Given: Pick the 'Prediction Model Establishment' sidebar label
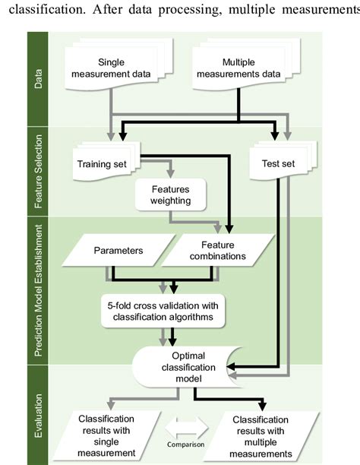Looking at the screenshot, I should [x=39, y=290].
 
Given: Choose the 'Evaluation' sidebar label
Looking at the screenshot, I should [x=39, y=414].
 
